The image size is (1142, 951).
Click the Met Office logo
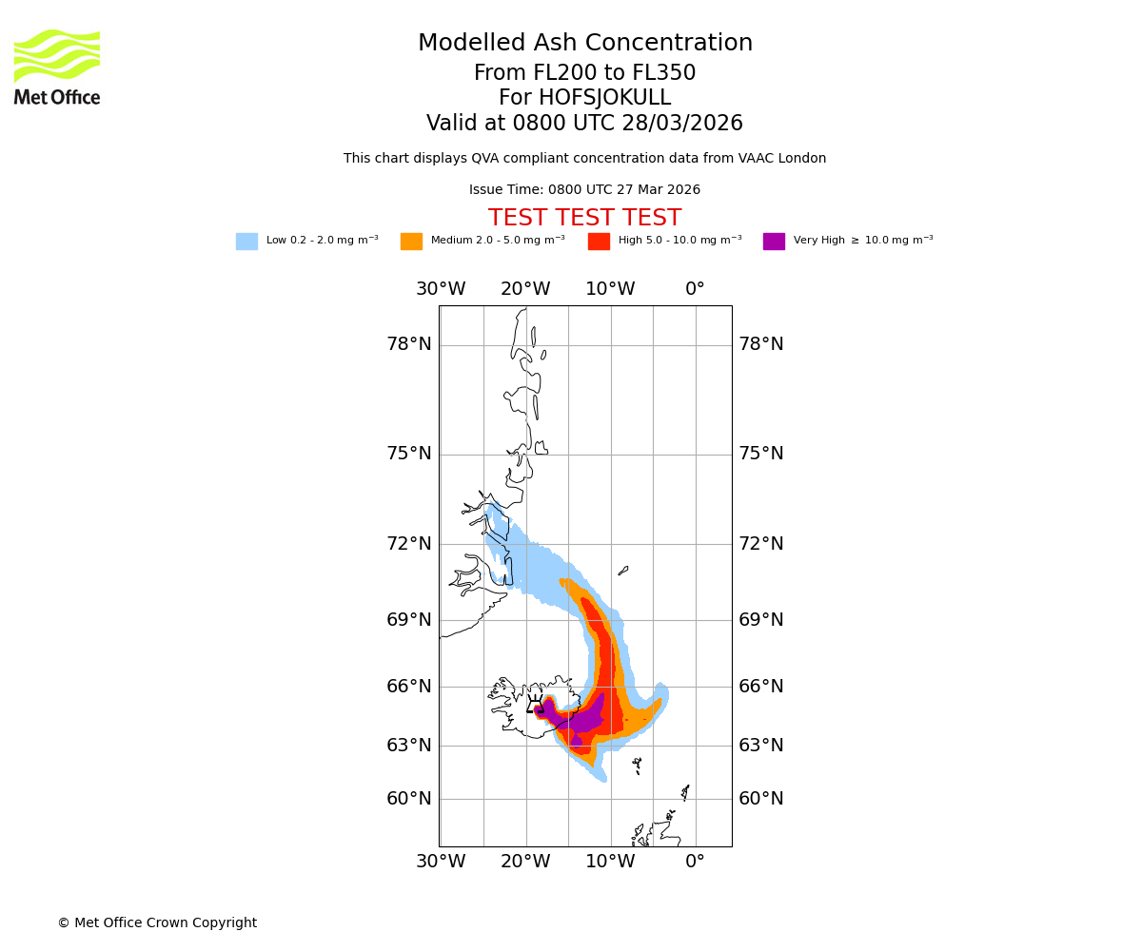pyautogui.click(x=57, y=67)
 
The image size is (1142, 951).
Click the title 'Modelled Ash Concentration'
pyautogui.click(x=585, y=44)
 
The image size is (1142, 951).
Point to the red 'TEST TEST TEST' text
pyautogui.click(x=584, y=219)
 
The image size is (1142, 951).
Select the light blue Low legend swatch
pyautogui.click(x=246, y=242)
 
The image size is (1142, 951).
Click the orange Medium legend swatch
pyautogui.click(x=411, y=242)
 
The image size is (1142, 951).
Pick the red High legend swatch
pyautogui.click(x=599, y=242)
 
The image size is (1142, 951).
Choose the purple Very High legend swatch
pyautogui.click(x=774, y=242)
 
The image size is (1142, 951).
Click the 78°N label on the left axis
pyautogui.click(x=409, y=344)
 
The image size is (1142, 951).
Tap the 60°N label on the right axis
pyautogui.click(x=761, y=799)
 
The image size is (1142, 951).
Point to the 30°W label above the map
pyautogui.click(x=441, y=289)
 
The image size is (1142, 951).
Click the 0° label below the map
pyautogui.click(x=695, y=862)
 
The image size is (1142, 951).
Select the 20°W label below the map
pyautogui.click(x=525, y=862)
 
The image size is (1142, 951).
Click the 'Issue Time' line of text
pyautogui.click(x=584, y=190)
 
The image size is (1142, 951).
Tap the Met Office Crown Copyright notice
pyautogui.click(x=157, y=923)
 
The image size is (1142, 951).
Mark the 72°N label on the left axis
pyautogui.click(x=409, y=544)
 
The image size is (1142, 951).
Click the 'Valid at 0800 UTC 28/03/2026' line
pyautogui.click(x=584, y=124)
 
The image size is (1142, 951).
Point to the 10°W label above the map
pyautogui.click(x=610, y=289)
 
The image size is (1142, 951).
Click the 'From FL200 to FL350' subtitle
pyautogui.click(x=584, y=73)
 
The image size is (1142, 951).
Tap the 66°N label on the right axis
pyautogui.click(x=761, y=687)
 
